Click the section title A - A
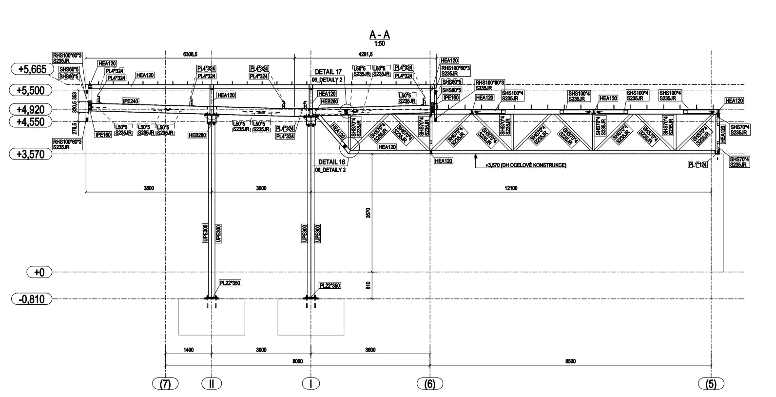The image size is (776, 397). [x=380, y=35]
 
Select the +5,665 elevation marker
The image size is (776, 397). [x=32, y=69]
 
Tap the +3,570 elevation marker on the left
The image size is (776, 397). [x=32, y=154]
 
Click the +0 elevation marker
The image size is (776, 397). [x=39, y=272]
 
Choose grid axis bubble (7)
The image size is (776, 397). [x=165, y=384]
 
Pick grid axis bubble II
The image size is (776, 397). [x=211, y=384]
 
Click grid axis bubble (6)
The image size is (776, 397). [x=429, y=384]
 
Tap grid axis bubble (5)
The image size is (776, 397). [x=711, y=384]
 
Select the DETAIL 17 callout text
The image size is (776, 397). [x=328, y=72]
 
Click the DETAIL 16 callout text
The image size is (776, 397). [x=331, y=162]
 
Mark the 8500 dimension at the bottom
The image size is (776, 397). [x=570, y=361]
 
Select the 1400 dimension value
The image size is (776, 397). [x=188, y=350]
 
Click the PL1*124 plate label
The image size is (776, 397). [x=698, y=165]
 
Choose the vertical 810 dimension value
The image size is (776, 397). [x=369, y=285]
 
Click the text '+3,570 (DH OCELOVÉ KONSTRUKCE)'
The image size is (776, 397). [x=525, y=165]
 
